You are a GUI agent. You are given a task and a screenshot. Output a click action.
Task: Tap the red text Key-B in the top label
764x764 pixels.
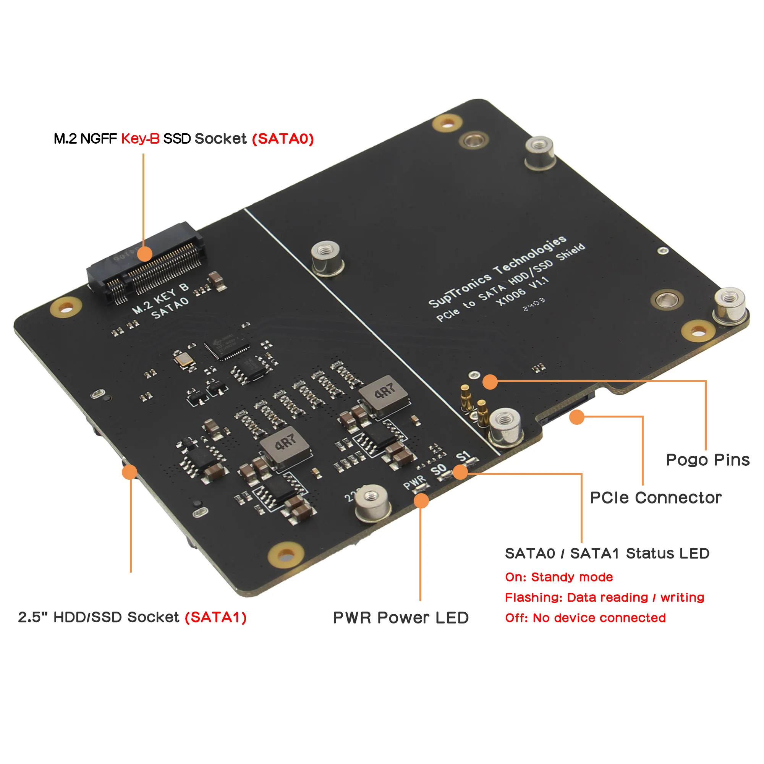(140, 139)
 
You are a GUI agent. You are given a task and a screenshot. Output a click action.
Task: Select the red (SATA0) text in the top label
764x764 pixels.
(283, 139)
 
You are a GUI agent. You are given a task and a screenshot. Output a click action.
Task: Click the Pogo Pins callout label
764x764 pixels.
(707, 460)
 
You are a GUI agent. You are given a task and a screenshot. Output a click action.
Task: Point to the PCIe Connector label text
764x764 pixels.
(655, 498)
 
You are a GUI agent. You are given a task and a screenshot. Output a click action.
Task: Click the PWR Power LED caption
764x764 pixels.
(401, 618)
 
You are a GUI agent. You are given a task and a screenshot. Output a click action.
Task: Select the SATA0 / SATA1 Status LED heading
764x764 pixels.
(607, 553)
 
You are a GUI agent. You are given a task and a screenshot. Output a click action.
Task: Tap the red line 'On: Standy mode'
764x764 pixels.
(559, 577)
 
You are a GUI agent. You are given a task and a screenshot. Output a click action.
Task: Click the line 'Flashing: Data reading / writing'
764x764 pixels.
(604, 597)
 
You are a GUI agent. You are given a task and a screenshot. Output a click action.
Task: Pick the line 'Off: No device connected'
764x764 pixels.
(585, 618)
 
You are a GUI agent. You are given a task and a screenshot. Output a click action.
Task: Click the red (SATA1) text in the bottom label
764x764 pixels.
(215, 617)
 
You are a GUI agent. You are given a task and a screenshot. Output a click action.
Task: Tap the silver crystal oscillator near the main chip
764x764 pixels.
(183, 359)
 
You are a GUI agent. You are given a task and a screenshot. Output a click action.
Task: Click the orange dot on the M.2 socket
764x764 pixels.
(145, 254)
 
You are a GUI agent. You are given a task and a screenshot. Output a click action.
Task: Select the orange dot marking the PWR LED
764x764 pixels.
(421, 501)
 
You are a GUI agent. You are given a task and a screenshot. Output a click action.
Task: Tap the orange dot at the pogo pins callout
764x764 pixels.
(490, 382)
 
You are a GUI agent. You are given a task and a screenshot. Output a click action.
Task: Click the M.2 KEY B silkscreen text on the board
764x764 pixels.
(160, 298)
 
